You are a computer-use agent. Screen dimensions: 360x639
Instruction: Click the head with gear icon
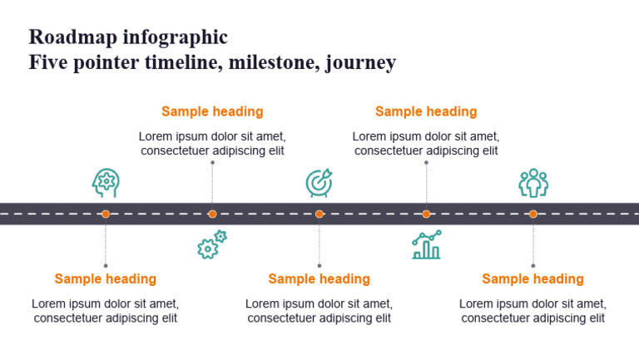(106, 182)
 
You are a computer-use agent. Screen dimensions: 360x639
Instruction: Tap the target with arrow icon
(319, 182)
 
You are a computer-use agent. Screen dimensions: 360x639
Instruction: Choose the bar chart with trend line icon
(426, 245)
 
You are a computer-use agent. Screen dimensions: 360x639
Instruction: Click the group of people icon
(532, 182)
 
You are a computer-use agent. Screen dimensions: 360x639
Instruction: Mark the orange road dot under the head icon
(106, 214)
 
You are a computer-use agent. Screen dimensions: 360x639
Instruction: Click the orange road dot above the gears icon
(212, 214)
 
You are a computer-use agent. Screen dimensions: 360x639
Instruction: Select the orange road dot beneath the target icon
(319, 214)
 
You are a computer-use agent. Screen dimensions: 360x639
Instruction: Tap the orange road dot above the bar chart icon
(426, 214)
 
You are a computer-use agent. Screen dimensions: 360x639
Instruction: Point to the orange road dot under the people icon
(532, 214)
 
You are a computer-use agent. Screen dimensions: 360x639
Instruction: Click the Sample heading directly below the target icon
(319, 279)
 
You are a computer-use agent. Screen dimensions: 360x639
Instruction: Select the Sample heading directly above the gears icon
(212, 111)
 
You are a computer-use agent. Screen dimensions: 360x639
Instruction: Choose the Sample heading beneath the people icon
(532, 279)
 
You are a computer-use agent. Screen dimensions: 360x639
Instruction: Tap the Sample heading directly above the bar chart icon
(426, 111)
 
